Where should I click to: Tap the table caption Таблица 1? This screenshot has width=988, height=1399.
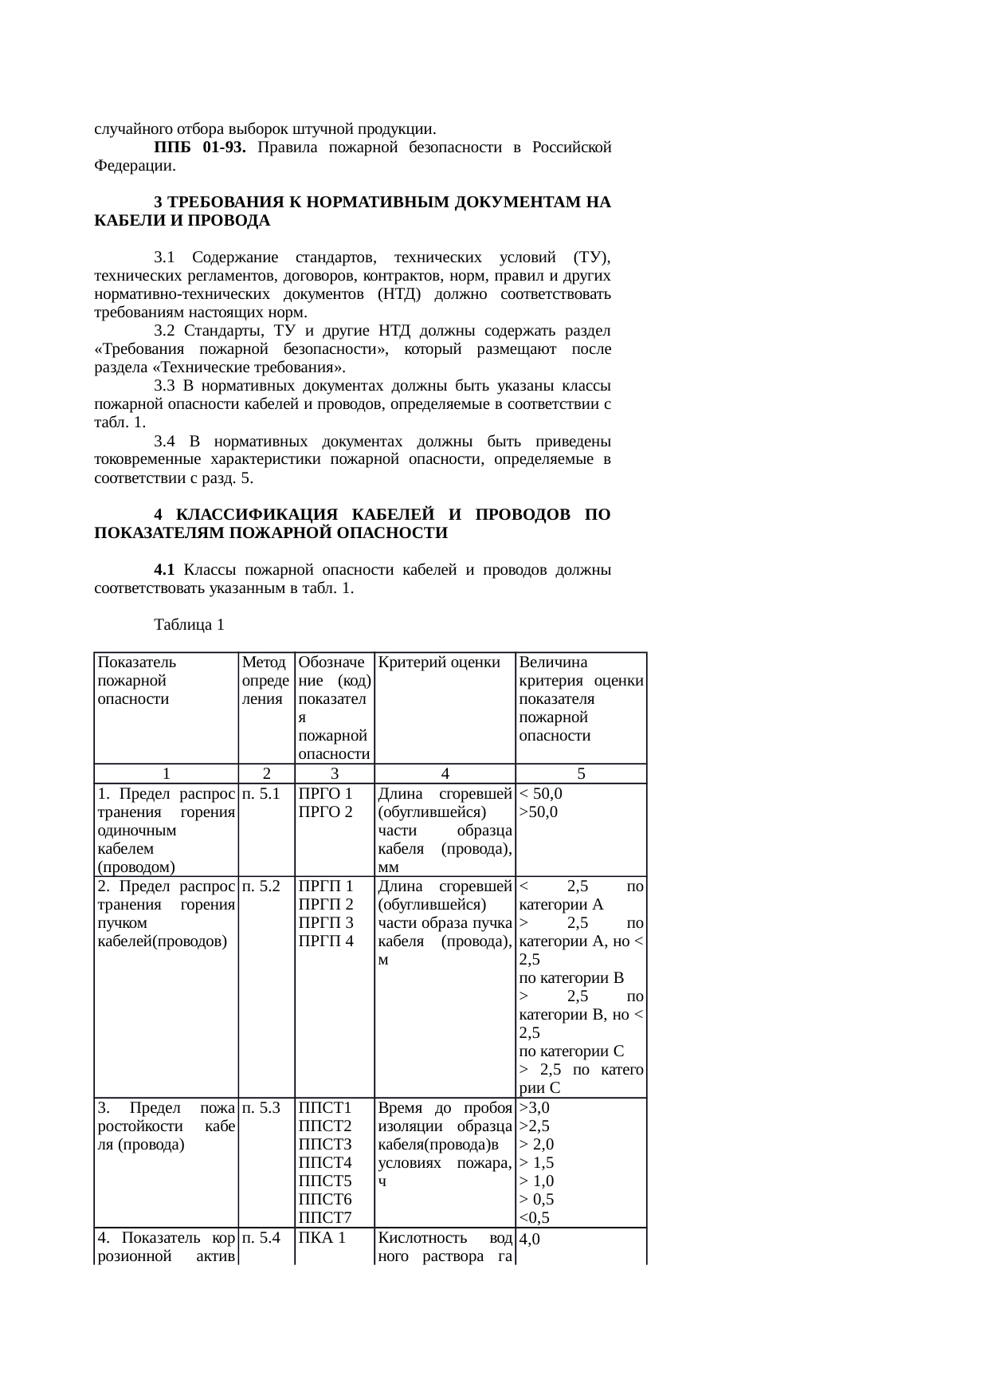point(189,625)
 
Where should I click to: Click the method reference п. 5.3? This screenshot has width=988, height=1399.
point(261,1107)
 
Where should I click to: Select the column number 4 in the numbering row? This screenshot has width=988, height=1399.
point(445,773)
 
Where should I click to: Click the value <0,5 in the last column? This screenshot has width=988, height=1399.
point(534,1217)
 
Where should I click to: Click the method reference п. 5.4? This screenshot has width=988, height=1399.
point(261,1238)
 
